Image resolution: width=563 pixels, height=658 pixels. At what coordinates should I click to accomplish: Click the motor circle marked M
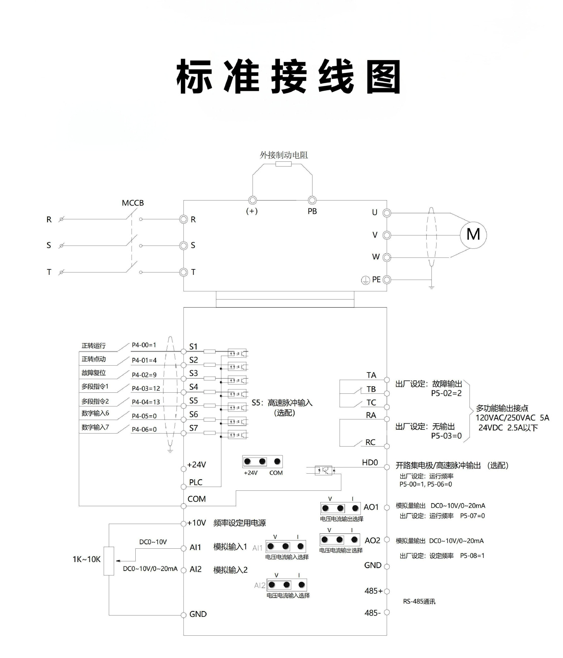473,235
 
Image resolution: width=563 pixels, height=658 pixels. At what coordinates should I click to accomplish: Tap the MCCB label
133,203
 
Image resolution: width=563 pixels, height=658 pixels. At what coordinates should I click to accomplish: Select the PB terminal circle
312,200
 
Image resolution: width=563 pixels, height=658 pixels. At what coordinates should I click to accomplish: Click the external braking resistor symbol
283,164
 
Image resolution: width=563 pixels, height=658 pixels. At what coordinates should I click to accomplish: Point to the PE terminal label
376,280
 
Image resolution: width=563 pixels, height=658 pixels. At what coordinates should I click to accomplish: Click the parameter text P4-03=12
146,388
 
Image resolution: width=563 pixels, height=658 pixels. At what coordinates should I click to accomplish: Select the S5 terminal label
194,401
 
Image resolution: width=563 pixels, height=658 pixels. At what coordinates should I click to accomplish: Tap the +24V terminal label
196,465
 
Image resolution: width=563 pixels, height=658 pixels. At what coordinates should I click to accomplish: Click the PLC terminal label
196,482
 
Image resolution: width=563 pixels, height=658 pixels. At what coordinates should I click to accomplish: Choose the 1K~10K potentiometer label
86,559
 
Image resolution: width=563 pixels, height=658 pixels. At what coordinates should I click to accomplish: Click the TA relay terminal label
371,375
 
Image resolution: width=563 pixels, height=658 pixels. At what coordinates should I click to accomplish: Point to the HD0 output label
370,463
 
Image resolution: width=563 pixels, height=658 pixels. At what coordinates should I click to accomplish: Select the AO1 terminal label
371,507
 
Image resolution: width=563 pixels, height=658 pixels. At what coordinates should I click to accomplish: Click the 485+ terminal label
373,591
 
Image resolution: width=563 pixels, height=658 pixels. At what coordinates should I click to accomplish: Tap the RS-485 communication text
419,601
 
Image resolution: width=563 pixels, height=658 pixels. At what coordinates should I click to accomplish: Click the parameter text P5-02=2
446,393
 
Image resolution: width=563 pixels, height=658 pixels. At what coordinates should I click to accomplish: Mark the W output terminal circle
387,257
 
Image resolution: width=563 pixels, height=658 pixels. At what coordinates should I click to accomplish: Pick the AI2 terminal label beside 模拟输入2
195,569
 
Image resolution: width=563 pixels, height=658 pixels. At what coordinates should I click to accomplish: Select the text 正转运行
94,346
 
